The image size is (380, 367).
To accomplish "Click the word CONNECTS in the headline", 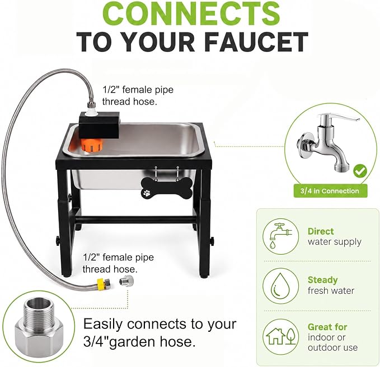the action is [x=193, y=13].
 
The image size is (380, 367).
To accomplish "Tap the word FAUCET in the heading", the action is [x=256, y=42].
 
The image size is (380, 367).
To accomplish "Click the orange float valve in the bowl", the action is [x=92, y=145].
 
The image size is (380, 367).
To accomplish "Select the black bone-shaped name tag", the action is [x=167, y=189].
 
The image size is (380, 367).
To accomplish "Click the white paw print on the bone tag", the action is [x=147, y=193].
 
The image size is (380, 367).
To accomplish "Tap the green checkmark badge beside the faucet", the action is [x=360, y=171].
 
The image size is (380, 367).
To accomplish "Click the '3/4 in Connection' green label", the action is [x=330, y=191].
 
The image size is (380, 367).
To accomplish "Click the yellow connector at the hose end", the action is [x=102, y=283].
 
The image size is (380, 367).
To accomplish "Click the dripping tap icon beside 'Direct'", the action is [x=281, y=236].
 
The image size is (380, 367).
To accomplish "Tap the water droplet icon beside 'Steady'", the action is [x=281, y=285].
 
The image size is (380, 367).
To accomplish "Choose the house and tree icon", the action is [x=281, y=336].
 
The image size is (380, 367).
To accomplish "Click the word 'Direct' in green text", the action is [x=321, y=231].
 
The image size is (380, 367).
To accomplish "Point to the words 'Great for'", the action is [x=327, y=327].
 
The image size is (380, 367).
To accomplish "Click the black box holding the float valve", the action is [x=99, y=126].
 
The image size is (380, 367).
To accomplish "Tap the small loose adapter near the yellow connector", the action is [x=126, y=280].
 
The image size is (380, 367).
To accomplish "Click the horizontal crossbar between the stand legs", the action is [x=135, y=220].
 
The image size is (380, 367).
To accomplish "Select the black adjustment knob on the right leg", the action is [x=212, y=241].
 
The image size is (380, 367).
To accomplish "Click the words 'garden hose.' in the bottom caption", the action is [x=152, y=342].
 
